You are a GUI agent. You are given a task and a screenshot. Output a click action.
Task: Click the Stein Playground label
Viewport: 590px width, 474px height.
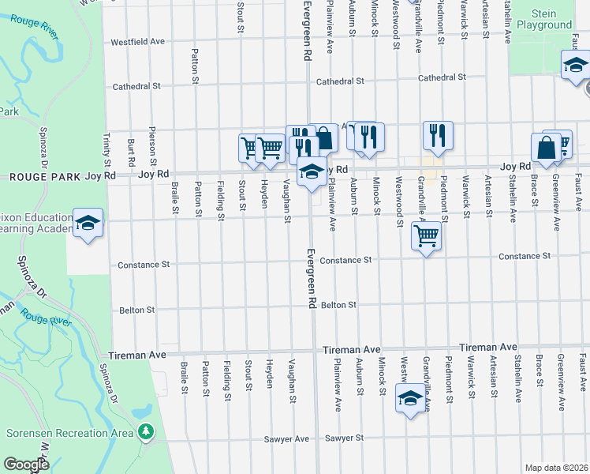pos(544,20)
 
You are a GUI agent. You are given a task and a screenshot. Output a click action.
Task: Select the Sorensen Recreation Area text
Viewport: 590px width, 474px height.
pos(69,433)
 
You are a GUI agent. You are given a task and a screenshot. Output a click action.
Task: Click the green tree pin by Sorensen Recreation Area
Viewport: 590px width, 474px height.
pos(145,431)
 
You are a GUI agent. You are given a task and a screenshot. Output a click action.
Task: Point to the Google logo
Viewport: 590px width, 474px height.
pos(26,465)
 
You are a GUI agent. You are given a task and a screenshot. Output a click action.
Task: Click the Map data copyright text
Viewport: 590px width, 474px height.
pos(557,468)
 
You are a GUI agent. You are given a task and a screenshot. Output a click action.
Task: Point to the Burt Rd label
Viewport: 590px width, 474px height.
pos(129,152)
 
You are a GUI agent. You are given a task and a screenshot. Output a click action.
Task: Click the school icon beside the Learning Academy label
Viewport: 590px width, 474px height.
pos(88,222)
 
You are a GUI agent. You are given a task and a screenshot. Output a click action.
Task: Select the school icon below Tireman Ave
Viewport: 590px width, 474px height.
pos(411,399)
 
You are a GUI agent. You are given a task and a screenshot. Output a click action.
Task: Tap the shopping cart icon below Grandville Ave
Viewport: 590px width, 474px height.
pos(426,234)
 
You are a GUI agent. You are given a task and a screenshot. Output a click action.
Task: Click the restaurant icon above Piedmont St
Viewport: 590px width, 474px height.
pos(438,135)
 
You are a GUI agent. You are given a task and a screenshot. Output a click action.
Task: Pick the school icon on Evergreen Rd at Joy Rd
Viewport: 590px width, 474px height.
pos(312,171)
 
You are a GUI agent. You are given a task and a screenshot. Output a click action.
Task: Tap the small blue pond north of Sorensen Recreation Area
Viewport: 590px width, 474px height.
pos(142,412)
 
